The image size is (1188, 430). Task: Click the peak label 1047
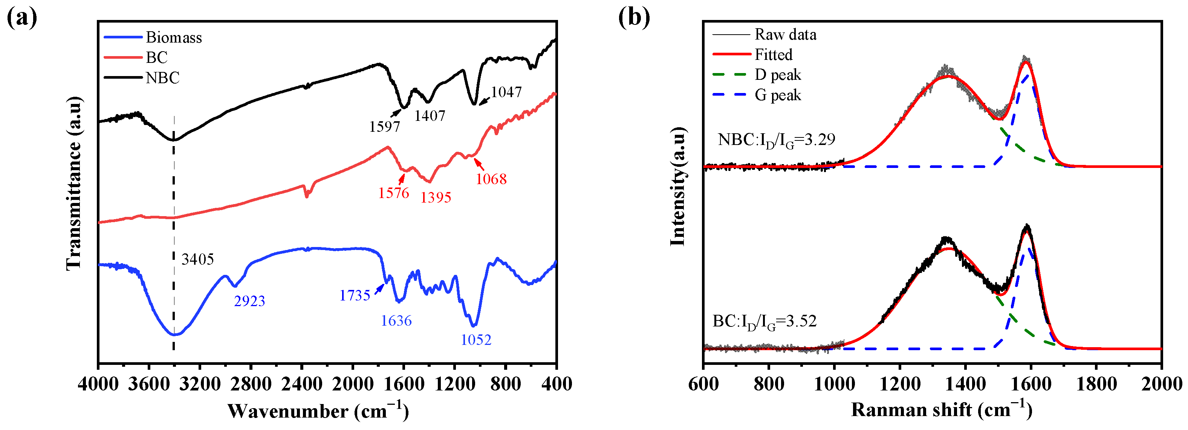(506, 92)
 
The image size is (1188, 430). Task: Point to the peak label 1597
(384, 126)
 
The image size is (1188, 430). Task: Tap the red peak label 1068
(491, 179)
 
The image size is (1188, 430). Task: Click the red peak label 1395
(435, 197)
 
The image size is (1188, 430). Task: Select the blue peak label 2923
(249, 301)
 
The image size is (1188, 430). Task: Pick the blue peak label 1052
(476, 340)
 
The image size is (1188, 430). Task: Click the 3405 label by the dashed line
(197, 259)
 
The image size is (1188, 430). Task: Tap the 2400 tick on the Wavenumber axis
(301, 383)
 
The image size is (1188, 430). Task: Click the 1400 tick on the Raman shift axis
(965, 383)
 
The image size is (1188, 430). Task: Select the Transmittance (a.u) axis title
(74, 183)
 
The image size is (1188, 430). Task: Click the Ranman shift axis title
(941, 409)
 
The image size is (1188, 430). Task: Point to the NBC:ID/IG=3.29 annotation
(776, 140)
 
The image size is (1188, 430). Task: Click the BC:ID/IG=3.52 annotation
(764, 321)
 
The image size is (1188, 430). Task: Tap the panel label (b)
(634, 18)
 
